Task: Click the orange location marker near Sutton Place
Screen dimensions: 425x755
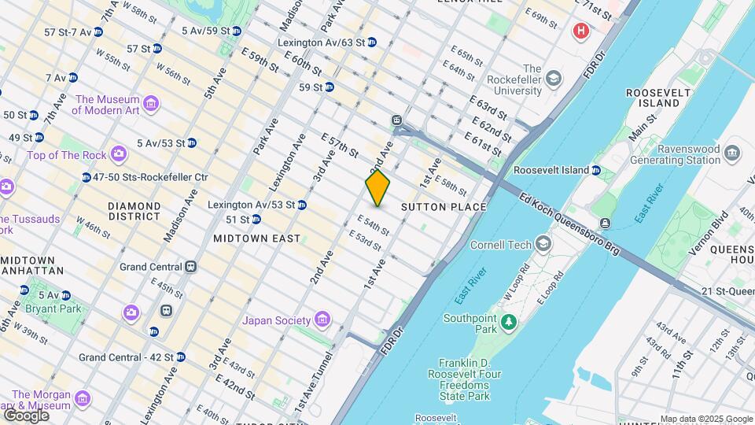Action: click(377, 188)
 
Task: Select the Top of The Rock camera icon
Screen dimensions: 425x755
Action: click(118, 154)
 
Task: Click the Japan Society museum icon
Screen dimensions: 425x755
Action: click(321, 320)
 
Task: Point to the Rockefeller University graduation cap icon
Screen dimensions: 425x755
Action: click(554, 79)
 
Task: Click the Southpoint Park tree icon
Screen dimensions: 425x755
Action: click(509, 321)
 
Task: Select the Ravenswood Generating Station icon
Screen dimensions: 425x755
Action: click(732, 152)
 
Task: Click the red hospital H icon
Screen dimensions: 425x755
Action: click(581, 31)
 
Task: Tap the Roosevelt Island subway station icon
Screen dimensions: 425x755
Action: click(596, 170)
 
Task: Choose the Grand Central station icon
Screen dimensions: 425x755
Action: click(191, 267)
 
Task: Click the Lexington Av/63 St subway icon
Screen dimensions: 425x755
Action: click(372, 42)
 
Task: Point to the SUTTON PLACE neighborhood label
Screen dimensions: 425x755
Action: click(444, 207)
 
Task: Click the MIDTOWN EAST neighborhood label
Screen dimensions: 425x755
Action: click(256, 238)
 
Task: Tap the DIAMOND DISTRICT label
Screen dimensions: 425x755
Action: click(134, 211)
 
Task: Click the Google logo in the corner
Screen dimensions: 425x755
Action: click(26, 415)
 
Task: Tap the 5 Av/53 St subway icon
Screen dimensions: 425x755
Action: click(192, 143)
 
